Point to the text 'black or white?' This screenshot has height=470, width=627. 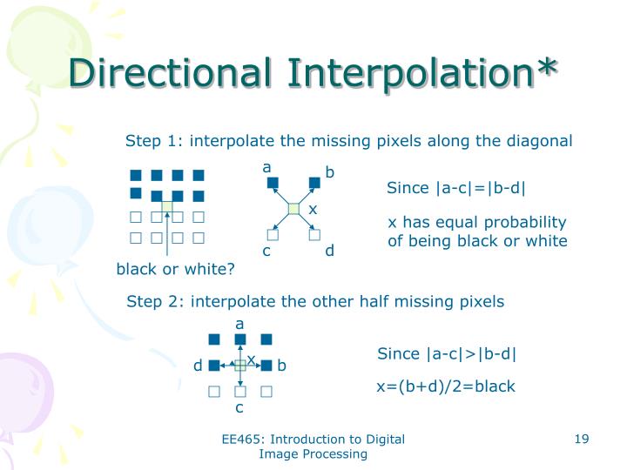point(176,269)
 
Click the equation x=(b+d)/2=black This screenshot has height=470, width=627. point(445,386)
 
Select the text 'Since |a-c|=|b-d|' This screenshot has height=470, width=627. point(456,189)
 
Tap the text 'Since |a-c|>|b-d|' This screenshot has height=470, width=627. point(447,353)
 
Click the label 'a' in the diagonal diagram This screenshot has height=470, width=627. point(267,167)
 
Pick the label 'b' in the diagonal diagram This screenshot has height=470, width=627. point(329,173)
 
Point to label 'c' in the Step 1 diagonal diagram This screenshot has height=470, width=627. point(267,252)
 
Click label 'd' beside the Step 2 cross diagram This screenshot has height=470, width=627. point(198,366)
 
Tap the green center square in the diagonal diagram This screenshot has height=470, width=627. point(293,208)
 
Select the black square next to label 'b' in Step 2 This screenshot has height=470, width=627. point(266,366)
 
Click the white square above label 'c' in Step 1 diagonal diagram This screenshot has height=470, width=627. point(272,234)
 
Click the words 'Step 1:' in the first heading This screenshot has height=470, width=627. point(155,141)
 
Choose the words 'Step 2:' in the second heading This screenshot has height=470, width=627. point(156,302)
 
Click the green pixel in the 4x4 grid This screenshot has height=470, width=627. point(167,207)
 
